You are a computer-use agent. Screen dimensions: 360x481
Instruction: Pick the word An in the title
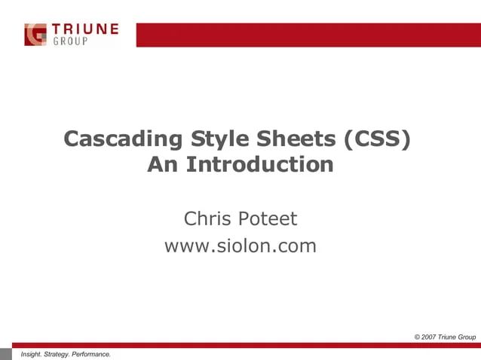point(163,165)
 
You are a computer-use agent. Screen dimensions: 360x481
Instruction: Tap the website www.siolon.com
point(240,246)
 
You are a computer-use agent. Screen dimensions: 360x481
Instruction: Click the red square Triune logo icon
point(35,35)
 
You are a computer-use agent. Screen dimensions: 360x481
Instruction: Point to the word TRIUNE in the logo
point(85,29)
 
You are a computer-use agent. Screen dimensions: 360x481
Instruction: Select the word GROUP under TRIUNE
point(69,41)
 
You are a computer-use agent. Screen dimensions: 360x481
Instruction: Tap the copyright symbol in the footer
point(418,336)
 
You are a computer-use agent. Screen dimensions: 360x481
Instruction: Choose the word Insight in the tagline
point(33,353)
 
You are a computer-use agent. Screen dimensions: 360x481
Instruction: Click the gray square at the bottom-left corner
point(6,354)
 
